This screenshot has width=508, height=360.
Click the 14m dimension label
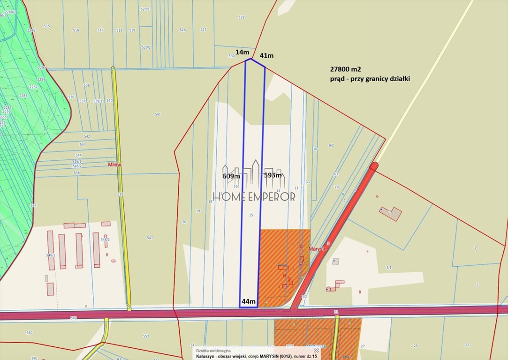click(242, 52)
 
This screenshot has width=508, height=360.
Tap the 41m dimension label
click(266, 56)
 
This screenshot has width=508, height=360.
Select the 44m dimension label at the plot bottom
click(248, 301)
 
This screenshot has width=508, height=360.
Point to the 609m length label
click(231, 176)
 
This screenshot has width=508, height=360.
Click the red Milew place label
click(115, 165)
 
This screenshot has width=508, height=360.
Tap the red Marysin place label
click(318, 248)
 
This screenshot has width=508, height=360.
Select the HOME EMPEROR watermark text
click(255, 196)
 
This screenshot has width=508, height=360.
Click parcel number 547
click(150, 238)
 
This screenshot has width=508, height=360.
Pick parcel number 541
click(158, 114)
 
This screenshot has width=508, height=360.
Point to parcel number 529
click(241, 17)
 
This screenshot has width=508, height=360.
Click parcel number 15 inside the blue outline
click(251, 215)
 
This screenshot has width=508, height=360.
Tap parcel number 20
click(184, 222)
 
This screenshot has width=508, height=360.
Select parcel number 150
click(337, 187)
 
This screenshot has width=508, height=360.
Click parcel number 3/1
click(388, 268)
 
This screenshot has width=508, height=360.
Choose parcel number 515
click(46, 26)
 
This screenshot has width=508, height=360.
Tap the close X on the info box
click(316, 350)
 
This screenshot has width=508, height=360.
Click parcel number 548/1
click(50, 255)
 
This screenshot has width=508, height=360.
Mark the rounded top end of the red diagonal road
click(374, 165)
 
